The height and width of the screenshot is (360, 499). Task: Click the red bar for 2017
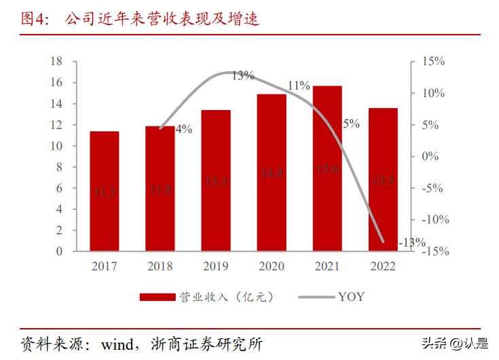pos(104,192)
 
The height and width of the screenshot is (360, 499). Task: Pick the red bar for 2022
pos(383,179)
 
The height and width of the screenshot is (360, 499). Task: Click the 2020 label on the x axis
pos(272,266)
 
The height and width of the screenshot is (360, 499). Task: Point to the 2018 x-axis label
pos(160,266)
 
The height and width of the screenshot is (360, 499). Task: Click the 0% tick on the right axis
pos(432,156)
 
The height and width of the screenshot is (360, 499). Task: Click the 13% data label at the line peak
pos(242,75)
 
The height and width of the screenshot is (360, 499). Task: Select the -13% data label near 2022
pos(413,242)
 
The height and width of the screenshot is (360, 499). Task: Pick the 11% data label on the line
pos(298,86)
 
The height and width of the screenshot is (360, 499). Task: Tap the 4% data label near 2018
pos(183,129)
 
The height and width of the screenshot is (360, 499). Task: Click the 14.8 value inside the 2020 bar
pos(272,174)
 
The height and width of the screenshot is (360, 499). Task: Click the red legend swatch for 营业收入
pos(158,297)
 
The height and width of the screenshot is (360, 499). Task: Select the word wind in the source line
pos(116,343)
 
